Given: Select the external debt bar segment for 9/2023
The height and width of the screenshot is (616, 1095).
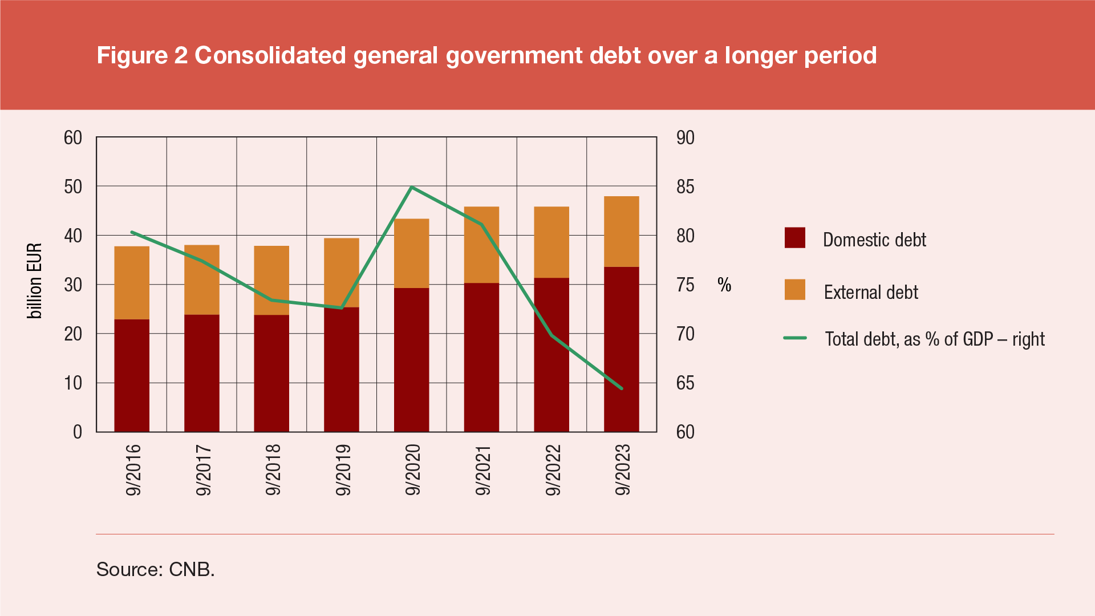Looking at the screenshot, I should click(621, 232).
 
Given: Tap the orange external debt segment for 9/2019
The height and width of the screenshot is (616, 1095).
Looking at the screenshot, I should click(341, 273).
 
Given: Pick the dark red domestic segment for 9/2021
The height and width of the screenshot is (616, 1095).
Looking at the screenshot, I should click(481, 357).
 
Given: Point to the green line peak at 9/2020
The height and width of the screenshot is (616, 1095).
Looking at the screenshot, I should click(412, 188).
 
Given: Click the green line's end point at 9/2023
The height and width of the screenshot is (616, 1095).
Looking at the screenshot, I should click(621, 388).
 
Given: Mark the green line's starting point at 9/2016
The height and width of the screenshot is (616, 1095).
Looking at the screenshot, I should click(132, 232).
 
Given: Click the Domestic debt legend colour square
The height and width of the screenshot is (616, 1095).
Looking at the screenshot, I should click(795, 238).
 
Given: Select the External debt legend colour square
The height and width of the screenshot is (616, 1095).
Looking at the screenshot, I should click(795, 290).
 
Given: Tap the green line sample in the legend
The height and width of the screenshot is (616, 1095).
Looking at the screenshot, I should click(795, 338).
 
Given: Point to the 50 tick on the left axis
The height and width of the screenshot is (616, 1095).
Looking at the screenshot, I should click(73, 187).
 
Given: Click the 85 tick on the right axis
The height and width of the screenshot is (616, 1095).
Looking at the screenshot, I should click(685, 187).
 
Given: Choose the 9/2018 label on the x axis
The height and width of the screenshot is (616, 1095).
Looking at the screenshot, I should click(273, 470).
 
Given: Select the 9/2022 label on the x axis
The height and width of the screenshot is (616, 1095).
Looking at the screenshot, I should click(553, 470).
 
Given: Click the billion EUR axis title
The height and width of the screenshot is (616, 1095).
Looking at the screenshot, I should click(35, 281).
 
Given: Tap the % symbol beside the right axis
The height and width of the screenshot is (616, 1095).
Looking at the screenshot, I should click(724, 285).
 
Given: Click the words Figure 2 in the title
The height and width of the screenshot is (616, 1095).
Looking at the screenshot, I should click(142, 55).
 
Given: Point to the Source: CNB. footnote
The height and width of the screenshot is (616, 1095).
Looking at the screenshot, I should click(155, 569).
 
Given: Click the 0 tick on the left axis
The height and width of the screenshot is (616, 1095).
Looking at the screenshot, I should click(78, 432).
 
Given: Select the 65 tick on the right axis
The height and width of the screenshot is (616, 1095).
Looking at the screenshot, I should click(685, 383).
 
